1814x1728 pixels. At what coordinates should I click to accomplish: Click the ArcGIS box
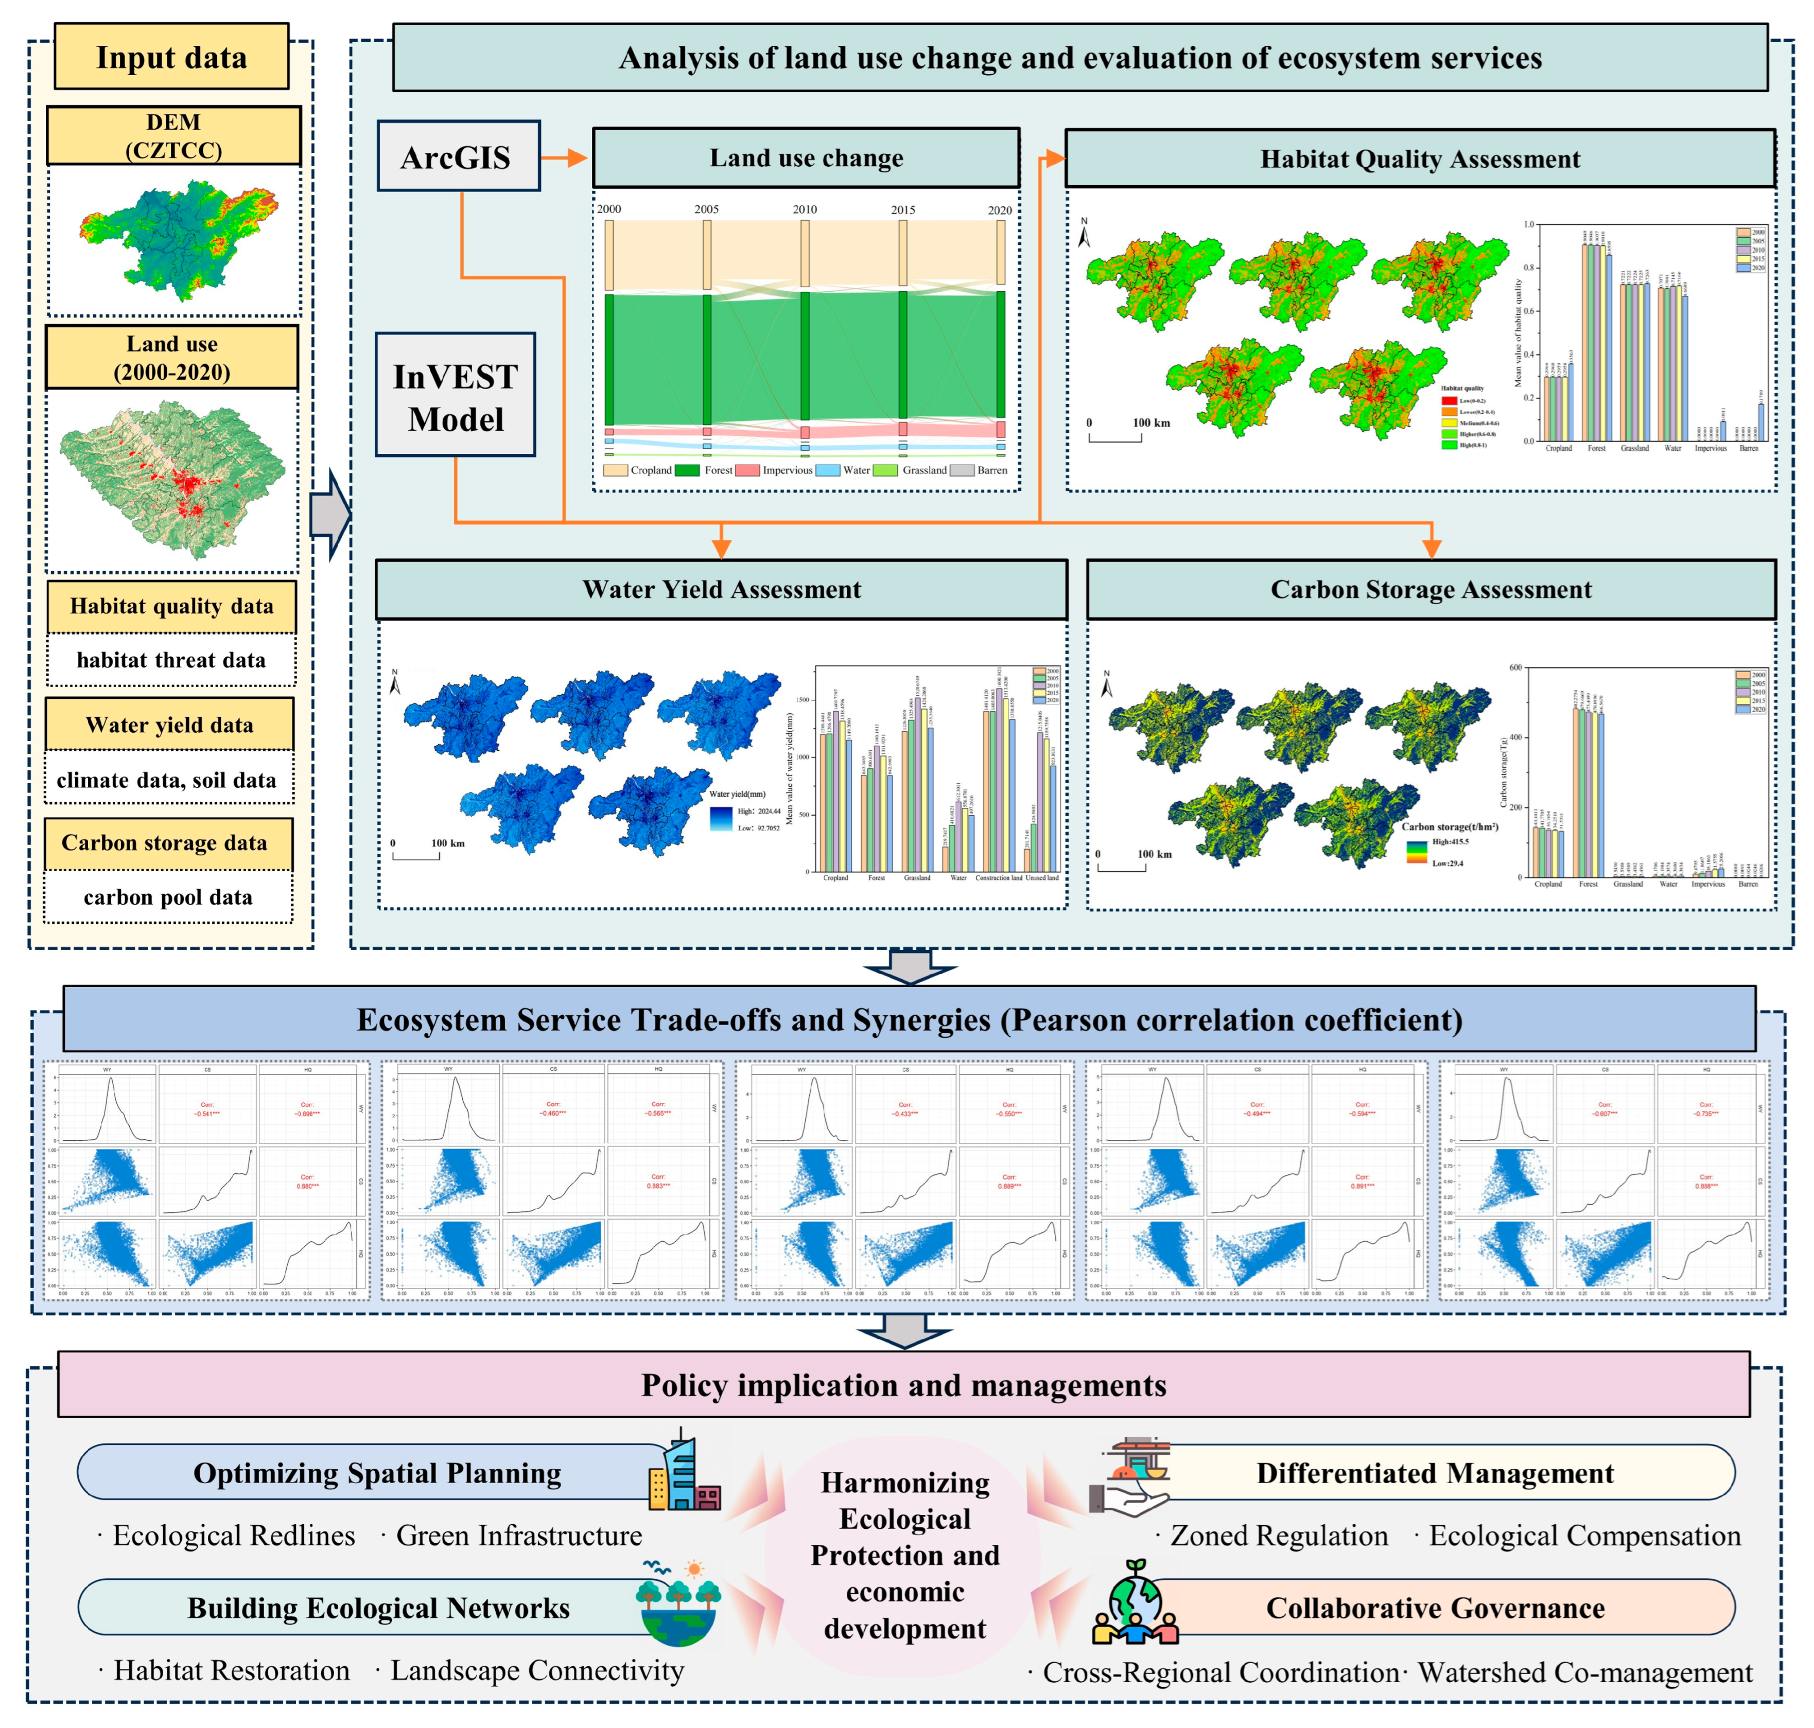point(458,156)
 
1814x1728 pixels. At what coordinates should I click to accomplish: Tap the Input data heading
point(171,57)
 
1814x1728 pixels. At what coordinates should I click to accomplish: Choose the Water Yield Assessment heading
point(721,590)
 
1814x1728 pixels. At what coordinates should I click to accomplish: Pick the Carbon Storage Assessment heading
point(1430,590)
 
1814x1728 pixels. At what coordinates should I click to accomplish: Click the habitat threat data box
point(171,660)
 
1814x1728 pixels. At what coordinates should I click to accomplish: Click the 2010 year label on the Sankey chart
point(804,209)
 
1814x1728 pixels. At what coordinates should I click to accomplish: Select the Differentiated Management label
point(1435,1473)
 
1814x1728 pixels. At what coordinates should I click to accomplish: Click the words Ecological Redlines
point(233,1536)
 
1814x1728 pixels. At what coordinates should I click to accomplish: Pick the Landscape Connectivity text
point(536,1670)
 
